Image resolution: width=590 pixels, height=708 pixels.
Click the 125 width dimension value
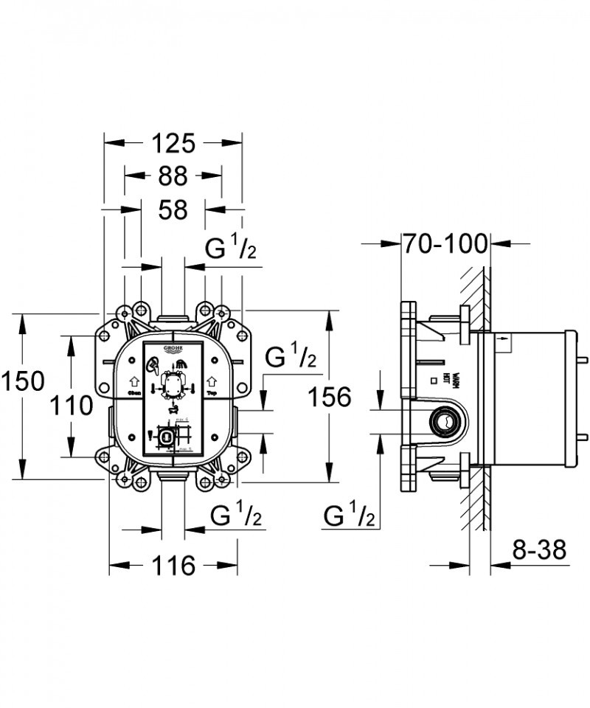coord(173,142)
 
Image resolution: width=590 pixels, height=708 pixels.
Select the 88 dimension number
coord(173,176)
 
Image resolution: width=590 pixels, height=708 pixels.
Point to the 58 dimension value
coord(173,209)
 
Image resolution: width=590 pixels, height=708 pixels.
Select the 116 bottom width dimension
coord(173,566)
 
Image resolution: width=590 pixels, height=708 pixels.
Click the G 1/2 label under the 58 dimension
coord(230,250)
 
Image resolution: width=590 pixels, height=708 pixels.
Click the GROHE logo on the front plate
coord(172,350)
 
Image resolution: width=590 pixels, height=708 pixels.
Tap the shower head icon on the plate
coord(181,364)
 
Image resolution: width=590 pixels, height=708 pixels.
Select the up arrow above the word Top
coord(212,381)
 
